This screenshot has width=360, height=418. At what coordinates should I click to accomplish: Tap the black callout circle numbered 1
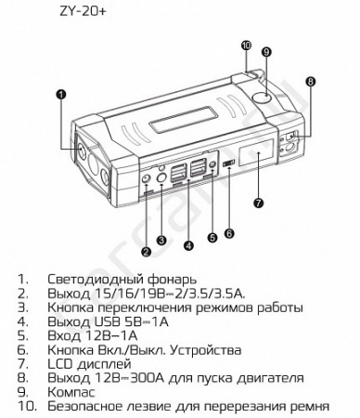62,93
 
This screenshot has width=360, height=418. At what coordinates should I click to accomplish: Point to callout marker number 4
189,245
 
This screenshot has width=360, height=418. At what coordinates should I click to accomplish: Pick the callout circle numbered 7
259,202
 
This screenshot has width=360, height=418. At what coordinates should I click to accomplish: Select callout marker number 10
246,44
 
